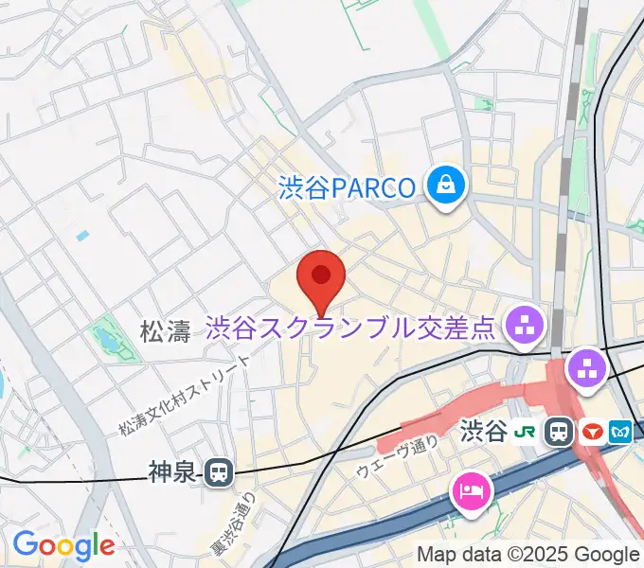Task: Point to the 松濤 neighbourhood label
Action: coord(165,330)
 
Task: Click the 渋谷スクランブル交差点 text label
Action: coord(350,328)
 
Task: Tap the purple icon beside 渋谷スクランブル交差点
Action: coord(522,328)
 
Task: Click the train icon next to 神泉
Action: coord(219,471)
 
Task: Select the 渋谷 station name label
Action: coord(483,433)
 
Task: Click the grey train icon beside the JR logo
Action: coord(559,433)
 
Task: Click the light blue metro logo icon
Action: coord(621,433)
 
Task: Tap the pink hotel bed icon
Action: coord(471,491)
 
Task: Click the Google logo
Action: coord(63,545)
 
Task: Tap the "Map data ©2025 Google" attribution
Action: coord(528,555)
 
